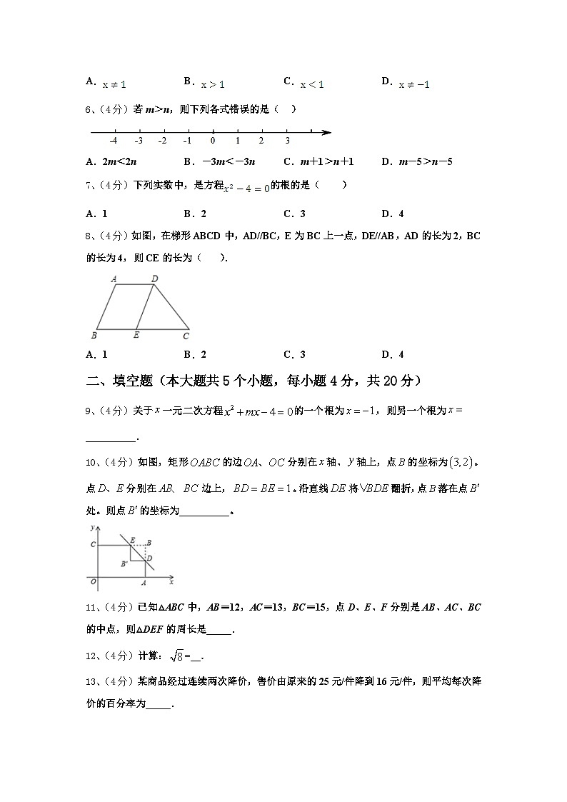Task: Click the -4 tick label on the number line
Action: [x=114, y=141]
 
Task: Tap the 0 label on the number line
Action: [x=213, y=141]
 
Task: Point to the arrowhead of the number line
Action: [x=326, y=132]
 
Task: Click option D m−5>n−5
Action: [x=417, y=161]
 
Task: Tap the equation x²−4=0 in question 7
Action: [x=246, y=187]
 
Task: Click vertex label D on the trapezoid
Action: [x=155, y=279]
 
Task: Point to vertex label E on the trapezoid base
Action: [x=136, y=334]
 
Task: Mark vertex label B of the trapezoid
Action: [x=94, y=334]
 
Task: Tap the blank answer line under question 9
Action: [x=110, y=438]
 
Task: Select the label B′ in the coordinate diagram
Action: [x=124, y=564]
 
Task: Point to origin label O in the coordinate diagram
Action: [x=94, y=582]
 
